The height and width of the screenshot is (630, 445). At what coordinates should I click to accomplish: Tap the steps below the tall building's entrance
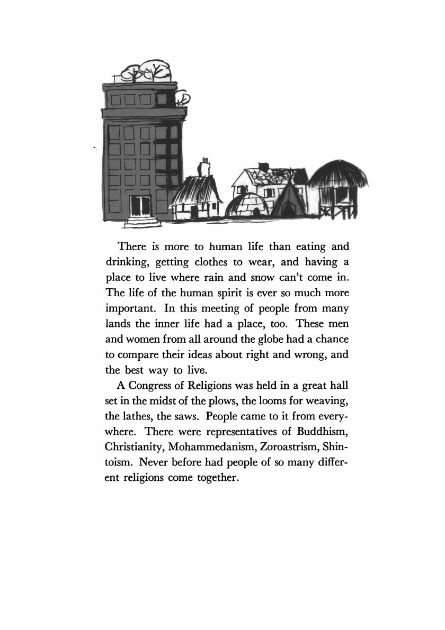pyautogui.click(x=142, y=222)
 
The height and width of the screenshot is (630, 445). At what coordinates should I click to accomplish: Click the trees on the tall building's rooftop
pyautogui.click(x=146, y=71)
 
